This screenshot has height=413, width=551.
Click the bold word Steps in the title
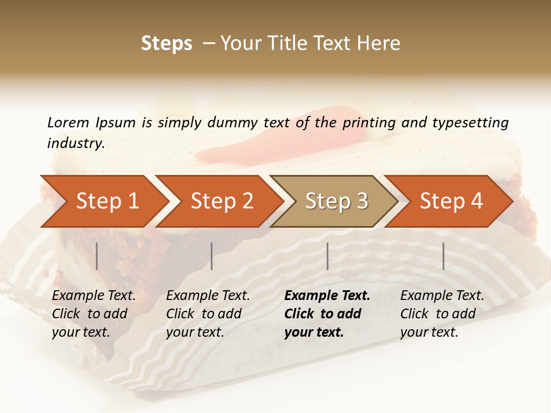point(166,44)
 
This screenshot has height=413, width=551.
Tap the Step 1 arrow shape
point(103,201)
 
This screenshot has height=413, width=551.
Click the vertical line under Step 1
point(97,256)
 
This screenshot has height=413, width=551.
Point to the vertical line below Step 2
point(212,256)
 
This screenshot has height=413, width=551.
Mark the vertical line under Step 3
point(328,256)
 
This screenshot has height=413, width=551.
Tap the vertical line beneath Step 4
point(443,256)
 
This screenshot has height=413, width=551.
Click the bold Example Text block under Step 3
point(327,314)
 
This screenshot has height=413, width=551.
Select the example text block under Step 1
point(94,314)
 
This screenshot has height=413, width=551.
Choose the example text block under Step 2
point(208,314)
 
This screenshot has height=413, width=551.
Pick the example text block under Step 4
point(441,314)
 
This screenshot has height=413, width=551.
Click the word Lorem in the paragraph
point(68,122)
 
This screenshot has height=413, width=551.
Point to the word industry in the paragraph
point(75,143)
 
